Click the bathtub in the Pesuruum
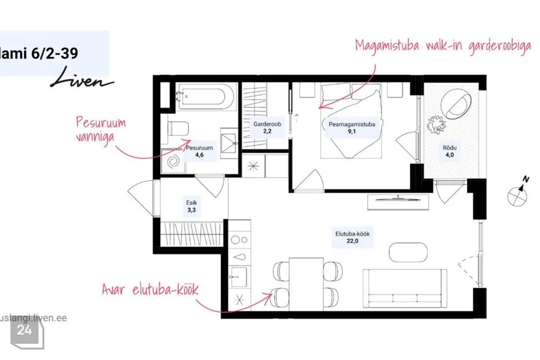point(206,97)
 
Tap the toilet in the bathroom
point(178,128)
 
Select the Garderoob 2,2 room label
point(267,128)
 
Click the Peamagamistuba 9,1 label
point(352,128)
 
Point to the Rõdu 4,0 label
point(449,151)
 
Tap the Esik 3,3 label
point(191,206)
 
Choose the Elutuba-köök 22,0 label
point(352,237)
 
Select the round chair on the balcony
point(455,104)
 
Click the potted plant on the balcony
point(436,124)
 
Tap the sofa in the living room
point(405,289)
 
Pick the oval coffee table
point(408,253)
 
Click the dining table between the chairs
point(306,284)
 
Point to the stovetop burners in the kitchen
point(239,240)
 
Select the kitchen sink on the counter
point(238,276)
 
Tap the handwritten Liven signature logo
point(82,78)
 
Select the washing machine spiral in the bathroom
point(173,161)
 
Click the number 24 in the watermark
point(24,330)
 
